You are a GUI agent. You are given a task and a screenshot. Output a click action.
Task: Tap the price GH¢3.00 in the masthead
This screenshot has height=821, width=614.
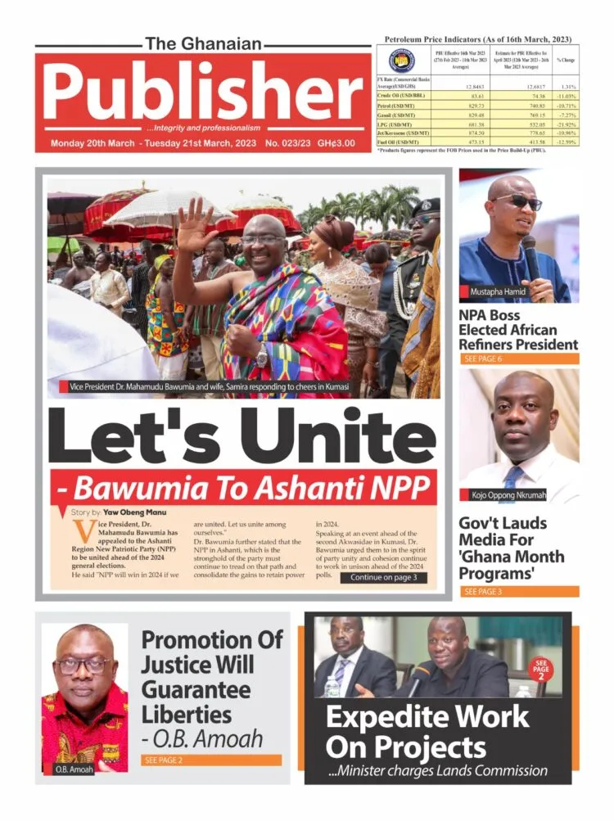pos(336,143)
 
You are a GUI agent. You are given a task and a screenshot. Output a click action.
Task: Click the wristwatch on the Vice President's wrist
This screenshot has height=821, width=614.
pos(261,359)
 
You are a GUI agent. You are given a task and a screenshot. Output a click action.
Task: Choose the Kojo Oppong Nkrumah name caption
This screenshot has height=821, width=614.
pos(519,494)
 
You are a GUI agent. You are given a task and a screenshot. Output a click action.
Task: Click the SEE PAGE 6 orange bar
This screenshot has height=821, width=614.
pos(518,359)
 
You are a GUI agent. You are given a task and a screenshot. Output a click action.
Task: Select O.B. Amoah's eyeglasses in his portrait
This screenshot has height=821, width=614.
pos(84,665)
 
